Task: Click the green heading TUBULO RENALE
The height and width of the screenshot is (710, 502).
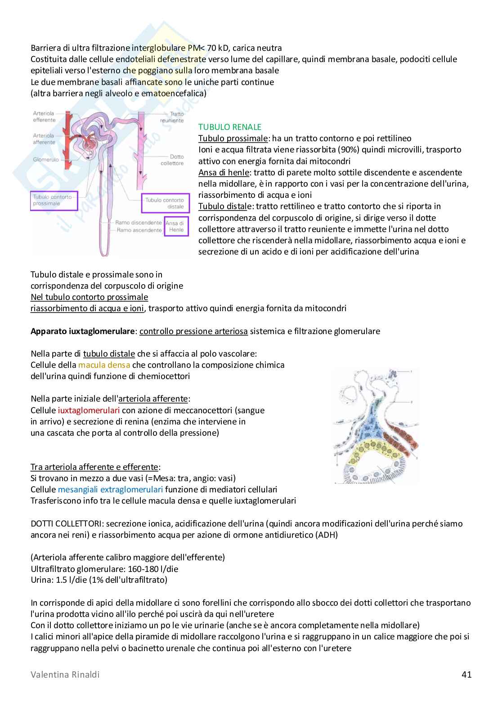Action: (229, 127)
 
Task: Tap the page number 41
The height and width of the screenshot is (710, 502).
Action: (466, 674)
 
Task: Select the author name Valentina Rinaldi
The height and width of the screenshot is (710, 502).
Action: (65, 674)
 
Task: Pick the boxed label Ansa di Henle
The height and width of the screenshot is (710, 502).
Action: (175, 227)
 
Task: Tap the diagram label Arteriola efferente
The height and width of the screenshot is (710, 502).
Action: (44, 116)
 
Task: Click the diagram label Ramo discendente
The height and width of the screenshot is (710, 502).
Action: (138, 223)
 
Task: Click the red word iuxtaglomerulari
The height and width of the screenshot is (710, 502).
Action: (89, 410)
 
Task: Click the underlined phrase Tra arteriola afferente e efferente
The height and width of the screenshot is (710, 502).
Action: (94, 467)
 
